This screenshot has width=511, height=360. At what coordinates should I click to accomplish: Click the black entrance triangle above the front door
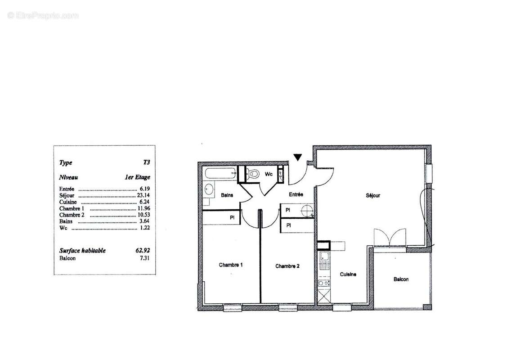(x=297, y=157)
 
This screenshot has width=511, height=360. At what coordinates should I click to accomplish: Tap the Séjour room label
(x=373, y=195)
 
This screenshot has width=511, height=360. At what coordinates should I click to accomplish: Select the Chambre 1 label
(x=231, y=265)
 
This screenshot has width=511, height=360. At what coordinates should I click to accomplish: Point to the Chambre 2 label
(x=287, y=266)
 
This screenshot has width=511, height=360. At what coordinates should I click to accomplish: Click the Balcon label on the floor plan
(x=401, y=279)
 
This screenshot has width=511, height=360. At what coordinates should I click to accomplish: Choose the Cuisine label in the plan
(x=348, y=274)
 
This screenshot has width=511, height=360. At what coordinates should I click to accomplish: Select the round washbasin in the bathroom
(x=209, y=190)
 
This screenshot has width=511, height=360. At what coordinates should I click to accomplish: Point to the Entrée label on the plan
(x=296, y=194)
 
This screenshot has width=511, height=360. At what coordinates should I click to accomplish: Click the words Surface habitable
(x=82, y=251)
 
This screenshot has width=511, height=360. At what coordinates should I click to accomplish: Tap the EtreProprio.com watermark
(x=43, y=15)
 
